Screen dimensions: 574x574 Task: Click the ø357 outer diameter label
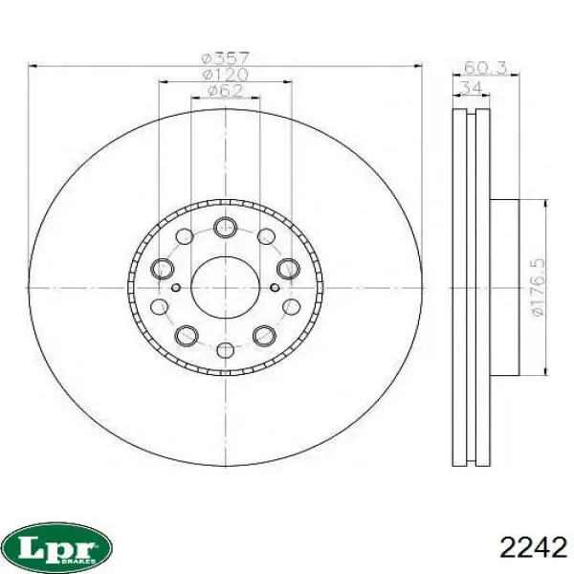[226, 58]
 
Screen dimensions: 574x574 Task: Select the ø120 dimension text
[226, 75]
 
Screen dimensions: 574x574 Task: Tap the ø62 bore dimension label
[226, 91]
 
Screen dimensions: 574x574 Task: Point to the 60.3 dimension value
[485, 68]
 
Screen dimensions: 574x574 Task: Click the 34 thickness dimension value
[471, 87]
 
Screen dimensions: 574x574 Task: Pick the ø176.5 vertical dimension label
[538, 287]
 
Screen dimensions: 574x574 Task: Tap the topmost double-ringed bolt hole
[225, 228]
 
